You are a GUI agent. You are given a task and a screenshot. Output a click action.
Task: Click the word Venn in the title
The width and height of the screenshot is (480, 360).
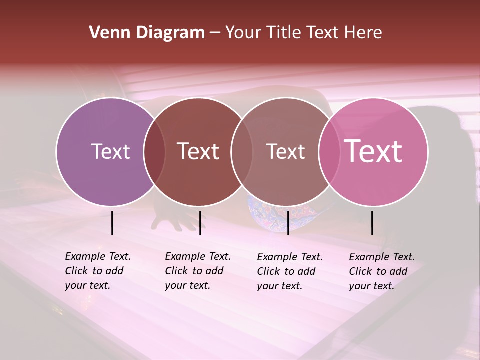tap(107, 33)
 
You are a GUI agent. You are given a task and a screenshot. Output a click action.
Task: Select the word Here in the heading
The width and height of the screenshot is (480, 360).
tap(363, 33)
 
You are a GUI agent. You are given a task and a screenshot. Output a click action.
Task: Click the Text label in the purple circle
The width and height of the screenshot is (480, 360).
tap(110, 151)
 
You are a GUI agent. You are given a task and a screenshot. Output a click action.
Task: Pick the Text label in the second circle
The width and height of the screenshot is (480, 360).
tap(198, 151)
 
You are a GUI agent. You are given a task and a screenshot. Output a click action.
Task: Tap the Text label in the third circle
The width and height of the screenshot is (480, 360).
tap(285, 151)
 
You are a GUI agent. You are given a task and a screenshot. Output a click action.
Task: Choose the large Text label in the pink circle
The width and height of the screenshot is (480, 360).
tap(373, 151)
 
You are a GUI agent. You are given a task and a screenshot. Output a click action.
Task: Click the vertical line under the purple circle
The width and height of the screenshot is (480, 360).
tap(112, 223)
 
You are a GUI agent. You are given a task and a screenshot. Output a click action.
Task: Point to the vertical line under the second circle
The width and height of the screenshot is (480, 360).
tap(200, 223)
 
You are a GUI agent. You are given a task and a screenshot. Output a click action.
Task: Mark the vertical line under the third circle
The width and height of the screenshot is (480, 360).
tap(288, 223)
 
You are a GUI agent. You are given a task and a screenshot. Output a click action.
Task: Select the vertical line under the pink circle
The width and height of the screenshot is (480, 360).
tap(372, 223)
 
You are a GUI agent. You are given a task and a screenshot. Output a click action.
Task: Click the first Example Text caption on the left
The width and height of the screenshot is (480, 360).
tap(97, 271)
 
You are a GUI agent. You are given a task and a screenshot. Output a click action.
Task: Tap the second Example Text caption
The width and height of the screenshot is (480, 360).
tap(197, 271)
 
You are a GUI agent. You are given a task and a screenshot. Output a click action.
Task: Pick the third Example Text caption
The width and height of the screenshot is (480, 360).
tap(289, 271)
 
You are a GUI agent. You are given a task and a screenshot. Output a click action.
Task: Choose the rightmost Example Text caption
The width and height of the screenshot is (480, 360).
tap(381, 271)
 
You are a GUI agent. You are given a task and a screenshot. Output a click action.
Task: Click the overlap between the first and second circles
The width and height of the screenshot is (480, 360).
tap(154, 151)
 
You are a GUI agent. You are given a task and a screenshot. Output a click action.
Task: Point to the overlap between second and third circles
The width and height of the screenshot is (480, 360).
tap(242, 151)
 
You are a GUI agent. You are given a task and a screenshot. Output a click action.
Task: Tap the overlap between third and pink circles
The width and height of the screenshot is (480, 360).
tap(329, 151)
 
